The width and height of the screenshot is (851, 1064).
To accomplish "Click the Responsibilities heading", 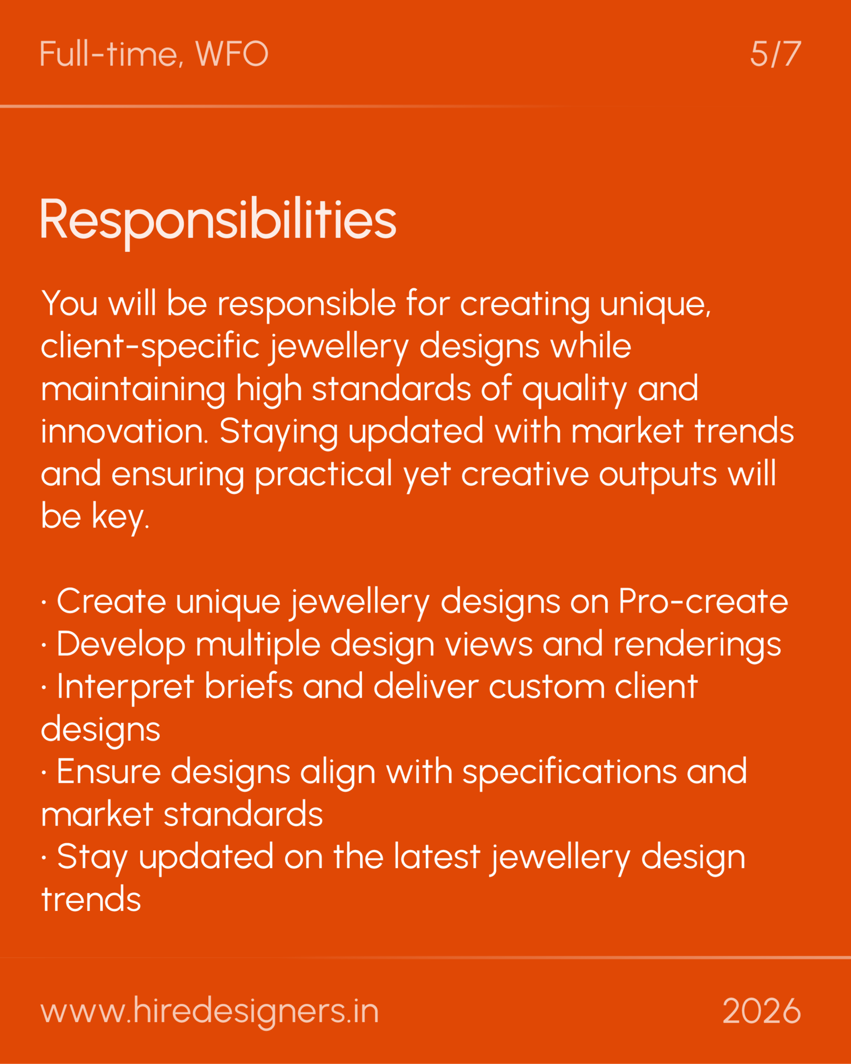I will [x=218, y=219].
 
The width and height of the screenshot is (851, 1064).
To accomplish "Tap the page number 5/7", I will [x=775, y=54].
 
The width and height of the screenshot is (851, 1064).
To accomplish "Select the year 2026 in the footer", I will [x=761, y=1011].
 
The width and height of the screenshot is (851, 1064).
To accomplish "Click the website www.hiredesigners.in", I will [x=210, y=1011].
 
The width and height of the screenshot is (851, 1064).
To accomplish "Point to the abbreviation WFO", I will [x=232, y=54].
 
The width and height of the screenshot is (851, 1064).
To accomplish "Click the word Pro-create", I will [x=703, y=602].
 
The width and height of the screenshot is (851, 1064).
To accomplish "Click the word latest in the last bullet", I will [x=437, y=857].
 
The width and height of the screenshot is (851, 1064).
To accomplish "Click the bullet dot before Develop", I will [x=44, y=645].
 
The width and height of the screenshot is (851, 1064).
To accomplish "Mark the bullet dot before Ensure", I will [x=44, y=773].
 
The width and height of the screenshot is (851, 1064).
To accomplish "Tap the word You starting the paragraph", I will [x=69, y=303].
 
